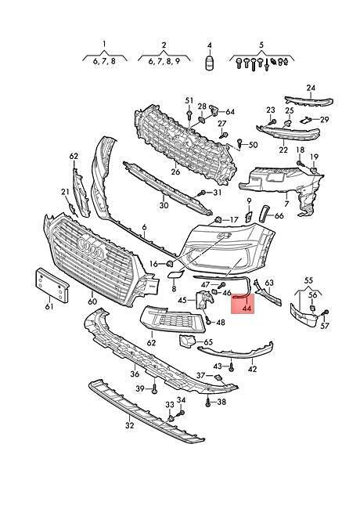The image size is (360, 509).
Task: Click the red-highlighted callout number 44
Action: coord(247,308)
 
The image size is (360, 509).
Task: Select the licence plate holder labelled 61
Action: coord(52,285)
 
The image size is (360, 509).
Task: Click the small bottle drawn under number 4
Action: coord(210,63)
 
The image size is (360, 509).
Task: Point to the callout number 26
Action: coord(175,171)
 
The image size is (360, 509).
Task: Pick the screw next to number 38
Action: coord(208,403)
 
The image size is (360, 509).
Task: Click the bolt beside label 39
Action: coord(154,388)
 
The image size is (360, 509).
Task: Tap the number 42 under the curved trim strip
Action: coord(252,369)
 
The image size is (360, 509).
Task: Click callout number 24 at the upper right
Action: coord(311,88)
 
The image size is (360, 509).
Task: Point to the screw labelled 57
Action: coord(326,312)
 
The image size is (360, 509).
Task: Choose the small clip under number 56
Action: coord(313,308)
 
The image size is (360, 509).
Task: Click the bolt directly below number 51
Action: coord(189,114)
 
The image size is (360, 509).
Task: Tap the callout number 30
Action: coord(164,205)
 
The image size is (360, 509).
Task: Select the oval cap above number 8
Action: coord(175,274)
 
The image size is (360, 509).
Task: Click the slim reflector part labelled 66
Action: coord(264,215)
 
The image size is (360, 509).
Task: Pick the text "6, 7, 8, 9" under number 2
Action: coord(164,61)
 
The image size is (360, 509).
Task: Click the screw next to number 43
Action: coord(231,367)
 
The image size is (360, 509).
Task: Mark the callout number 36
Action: coord(135,374)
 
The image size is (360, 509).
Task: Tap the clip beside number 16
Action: coord(168,264)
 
